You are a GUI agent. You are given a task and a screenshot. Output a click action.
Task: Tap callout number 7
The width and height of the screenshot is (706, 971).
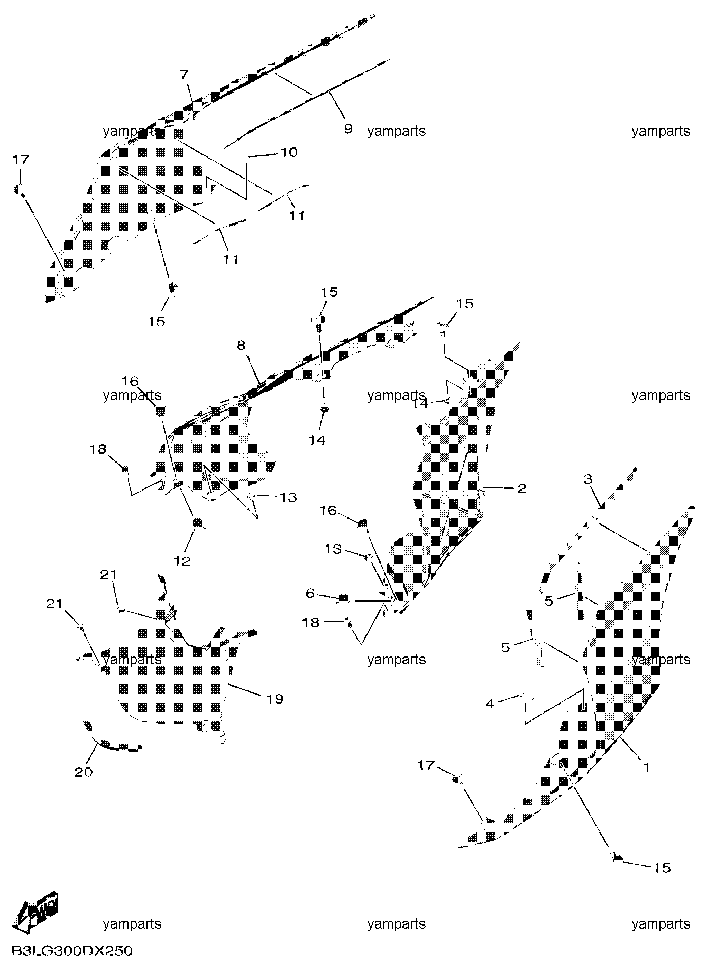[x=184, y=75]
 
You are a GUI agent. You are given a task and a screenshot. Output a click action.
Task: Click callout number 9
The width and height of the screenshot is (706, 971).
[x=347, y=128]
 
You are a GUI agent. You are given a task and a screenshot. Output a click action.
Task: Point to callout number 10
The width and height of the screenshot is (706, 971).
[x=289, y=152]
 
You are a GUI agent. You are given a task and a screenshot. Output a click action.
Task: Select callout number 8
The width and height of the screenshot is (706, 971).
[x=241, y=346]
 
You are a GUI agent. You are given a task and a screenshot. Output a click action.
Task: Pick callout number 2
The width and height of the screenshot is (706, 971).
[x=521, y=488]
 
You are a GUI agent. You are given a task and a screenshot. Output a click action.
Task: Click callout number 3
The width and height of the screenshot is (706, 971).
[x=588, y=479]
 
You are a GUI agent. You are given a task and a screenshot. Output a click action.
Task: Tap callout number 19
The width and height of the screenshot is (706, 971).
[x=274, y=699]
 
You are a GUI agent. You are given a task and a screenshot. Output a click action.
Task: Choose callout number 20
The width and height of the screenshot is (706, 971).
[x=84, y=772]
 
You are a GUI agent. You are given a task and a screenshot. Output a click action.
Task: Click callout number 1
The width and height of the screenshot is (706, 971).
[x=646, y=766]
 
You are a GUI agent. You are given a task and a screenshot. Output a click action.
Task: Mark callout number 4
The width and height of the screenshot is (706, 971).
[x=490, y=704]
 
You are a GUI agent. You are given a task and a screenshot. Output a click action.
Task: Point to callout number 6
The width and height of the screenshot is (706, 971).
[x=310, y=594]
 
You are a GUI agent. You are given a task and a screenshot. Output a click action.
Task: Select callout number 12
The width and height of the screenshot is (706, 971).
[x=182, y=560]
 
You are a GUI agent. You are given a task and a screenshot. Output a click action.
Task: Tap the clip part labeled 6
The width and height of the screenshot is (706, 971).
[x=345, y=599]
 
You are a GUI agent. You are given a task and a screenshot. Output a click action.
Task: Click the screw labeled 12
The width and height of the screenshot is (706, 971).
[x=199, y=523]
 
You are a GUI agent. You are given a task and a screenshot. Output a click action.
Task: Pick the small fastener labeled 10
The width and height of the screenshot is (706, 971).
[x=247, y=156]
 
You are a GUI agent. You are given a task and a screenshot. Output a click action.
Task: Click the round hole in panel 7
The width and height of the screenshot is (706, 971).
[x=151, y=216]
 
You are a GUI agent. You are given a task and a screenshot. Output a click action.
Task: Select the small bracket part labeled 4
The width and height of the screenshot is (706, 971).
[x=527, y=696]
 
